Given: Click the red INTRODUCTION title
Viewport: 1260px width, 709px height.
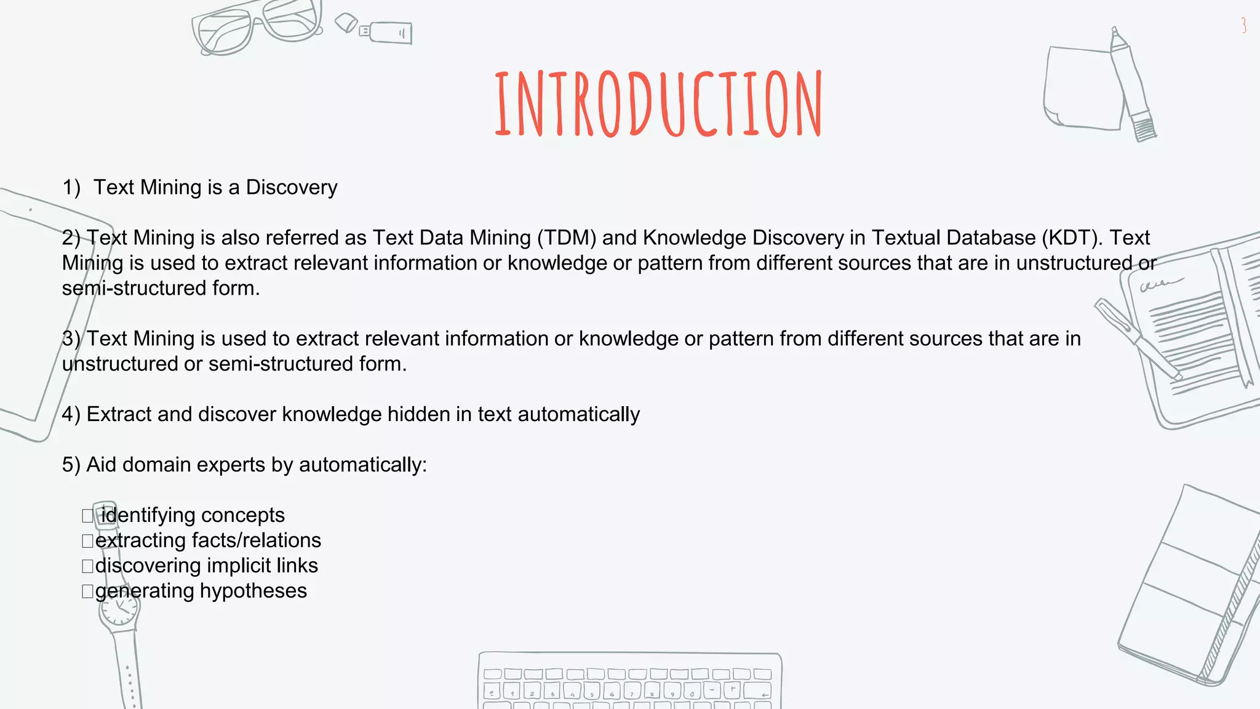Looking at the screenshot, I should click(x=658, y=103).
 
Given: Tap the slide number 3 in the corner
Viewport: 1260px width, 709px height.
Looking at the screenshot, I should click(x=1243, y=25).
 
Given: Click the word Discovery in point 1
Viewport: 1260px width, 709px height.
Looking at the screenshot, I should click(x=292, y=187).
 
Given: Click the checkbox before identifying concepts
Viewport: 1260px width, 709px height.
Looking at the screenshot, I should click(x=87, y=516).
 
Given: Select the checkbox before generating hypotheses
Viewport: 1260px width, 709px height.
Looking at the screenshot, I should click(x=87, y=591).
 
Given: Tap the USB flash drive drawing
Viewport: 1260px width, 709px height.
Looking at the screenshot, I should click(x=388, y=32).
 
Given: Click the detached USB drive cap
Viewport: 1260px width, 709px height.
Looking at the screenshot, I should click(x=346, y=23).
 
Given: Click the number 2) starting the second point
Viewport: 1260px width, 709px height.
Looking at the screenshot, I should click(x=71, y=238).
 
